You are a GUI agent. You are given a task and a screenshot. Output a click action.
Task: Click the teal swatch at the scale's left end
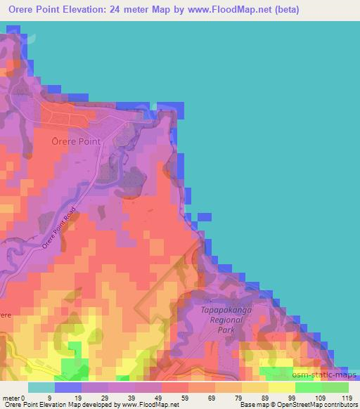click(x=41, y=387)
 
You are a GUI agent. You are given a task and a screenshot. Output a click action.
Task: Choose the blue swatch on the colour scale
click(x=68, y=387)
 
